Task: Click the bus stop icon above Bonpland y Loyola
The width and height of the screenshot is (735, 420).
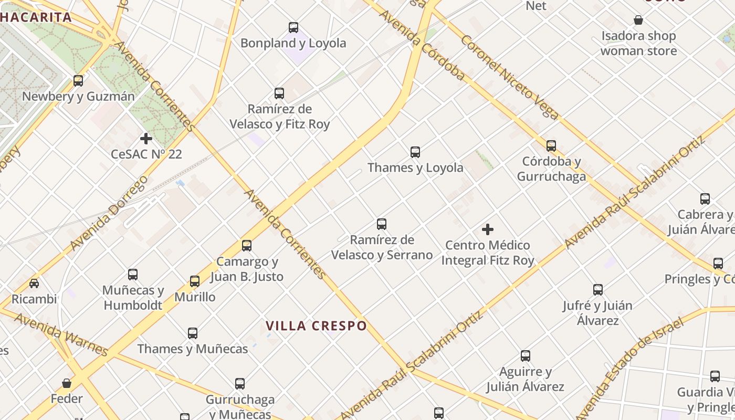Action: [x=293, y=27]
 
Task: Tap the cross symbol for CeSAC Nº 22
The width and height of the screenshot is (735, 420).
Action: [x=146, y=139]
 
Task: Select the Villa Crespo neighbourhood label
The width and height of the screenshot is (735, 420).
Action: [x=316, y=326]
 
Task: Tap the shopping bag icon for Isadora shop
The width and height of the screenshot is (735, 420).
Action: [x=638, y=20]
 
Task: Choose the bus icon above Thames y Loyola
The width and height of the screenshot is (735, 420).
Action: [x=415, y=152]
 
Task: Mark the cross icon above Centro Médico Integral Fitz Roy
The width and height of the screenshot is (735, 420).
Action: [x=488, y=229]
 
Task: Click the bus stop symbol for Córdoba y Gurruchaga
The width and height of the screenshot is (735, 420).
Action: [x=551, y=145]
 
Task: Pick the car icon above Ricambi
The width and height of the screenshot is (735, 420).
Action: [x=34, y=283]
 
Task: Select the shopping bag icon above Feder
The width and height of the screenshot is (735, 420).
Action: [x=67, y=383]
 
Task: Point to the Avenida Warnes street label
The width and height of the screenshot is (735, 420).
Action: [x=61, y=334]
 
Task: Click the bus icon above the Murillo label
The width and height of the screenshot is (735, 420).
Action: [x=195, y=281]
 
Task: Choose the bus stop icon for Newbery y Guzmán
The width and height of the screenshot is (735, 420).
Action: [x=78, y=81]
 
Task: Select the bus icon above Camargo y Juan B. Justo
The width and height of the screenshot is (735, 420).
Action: [x=247, y=245]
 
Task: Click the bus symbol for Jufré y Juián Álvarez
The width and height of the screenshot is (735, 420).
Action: [x=597, y=289]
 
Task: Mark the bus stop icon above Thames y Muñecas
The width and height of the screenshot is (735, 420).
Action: [x=193, y=333]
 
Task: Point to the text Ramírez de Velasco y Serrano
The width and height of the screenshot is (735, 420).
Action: [x=382, y=247]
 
